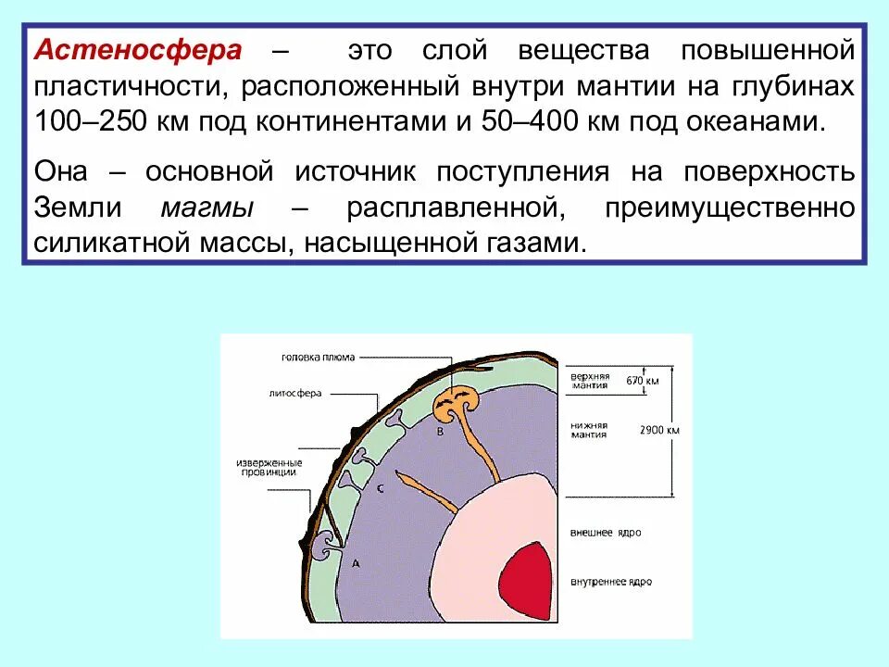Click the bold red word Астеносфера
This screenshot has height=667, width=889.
pyautogui.click(x=138, y=51)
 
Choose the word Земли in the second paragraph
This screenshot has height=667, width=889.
pyautogui.click(x=73, y=208)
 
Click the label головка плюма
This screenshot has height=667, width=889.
pyautogui.click(x=318, y=357)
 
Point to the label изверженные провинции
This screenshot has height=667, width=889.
pyautogui.click(x=266, y=467)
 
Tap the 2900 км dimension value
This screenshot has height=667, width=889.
pyautogui.click(x=659, y=431)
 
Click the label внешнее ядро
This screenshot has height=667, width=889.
pyautogui.click(x=607, y=534)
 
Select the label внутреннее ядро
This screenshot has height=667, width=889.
pyautogui.click(x=611, y=582)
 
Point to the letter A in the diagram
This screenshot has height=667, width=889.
pyautogui.click(x=356, y=562)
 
